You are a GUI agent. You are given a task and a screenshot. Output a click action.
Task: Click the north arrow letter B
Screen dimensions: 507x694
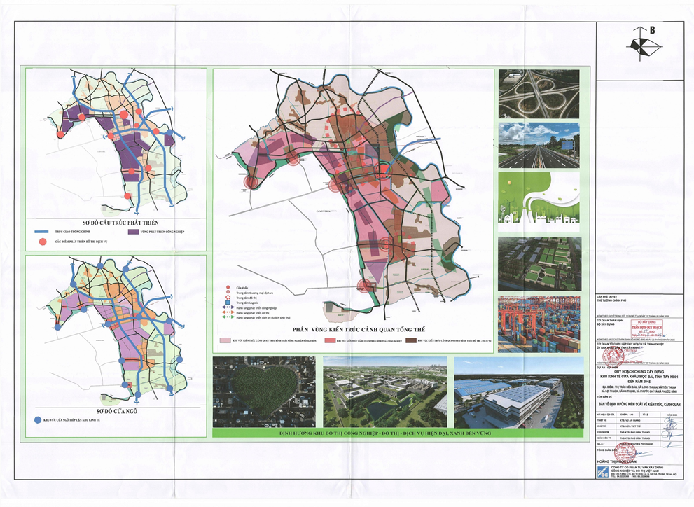[x=651, y=30]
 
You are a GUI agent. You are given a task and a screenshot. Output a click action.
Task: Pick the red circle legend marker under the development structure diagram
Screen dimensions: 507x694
[x=43, y=242]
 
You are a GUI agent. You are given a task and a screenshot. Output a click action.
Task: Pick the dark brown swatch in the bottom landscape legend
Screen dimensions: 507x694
[x=408, y=341]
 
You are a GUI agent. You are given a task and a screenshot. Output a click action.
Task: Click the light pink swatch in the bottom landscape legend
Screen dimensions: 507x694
[x=225, y=341]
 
